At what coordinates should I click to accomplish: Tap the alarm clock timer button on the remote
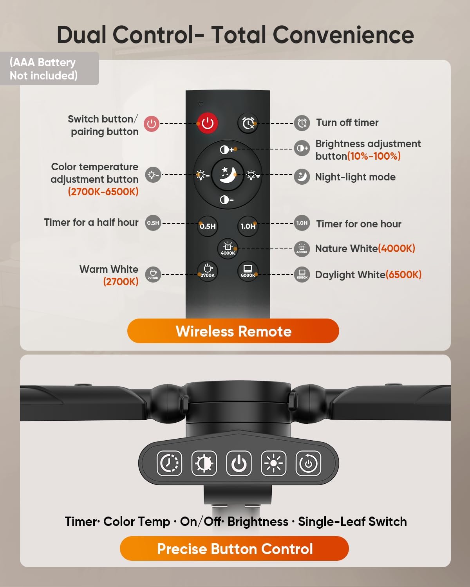[248, 123]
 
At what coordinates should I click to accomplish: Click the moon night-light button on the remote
[228, 175]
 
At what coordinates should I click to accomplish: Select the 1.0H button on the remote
[248, 226]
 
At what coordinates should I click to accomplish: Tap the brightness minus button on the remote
[227, 200]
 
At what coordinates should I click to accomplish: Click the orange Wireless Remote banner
[233, 331]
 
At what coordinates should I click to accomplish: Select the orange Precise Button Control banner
[234, 549]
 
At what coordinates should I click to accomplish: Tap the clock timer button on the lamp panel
[169, 463]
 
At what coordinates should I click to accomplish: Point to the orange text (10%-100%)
[374, 156]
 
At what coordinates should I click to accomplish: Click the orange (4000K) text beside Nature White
[396, 248]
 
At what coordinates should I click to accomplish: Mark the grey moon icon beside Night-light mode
[302, 177]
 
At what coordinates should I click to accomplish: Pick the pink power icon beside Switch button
[152, 124]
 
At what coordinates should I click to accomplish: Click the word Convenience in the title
[343, 35]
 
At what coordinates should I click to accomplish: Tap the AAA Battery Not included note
[44, 69]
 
